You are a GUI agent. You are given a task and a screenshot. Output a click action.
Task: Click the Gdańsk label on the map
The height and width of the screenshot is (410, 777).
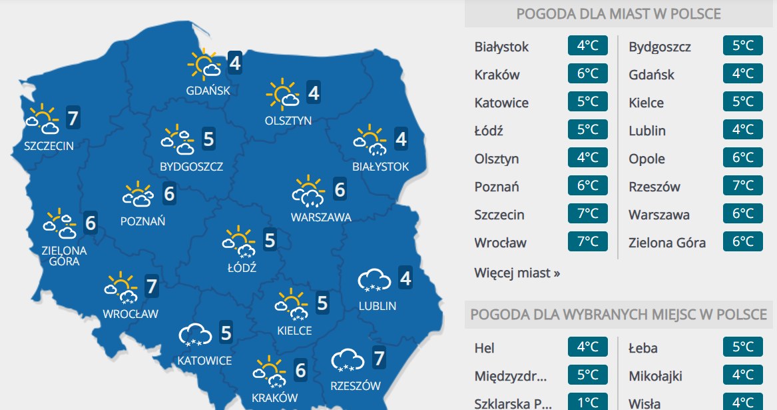208,91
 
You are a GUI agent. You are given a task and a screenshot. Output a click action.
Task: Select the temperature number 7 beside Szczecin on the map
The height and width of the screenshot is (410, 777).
74,119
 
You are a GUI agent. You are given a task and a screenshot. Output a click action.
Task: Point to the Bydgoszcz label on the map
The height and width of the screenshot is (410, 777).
192,167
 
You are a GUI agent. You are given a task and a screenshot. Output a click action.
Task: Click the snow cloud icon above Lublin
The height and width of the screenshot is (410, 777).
374,280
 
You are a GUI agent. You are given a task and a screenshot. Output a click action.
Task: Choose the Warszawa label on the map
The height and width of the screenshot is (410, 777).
321,217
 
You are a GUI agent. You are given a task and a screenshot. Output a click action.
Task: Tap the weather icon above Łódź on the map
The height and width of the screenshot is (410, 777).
239,242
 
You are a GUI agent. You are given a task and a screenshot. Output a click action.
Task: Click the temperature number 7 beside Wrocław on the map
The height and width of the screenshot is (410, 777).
152,287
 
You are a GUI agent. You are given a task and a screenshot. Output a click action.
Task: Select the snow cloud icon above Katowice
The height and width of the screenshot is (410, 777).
194,335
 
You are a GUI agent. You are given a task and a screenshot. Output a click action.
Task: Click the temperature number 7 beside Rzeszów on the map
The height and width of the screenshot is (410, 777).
379,359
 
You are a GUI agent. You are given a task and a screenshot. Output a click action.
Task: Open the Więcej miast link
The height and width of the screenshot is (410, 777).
517,273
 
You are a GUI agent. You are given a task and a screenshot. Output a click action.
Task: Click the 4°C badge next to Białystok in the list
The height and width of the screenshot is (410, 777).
588,46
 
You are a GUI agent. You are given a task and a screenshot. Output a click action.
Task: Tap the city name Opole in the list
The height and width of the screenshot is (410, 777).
647,159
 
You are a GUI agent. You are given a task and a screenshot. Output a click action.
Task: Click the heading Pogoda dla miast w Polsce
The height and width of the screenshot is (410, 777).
619,14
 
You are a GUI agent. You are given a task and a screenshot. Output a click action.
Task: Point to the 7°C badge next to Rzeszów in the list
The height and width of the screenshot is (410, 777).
742,186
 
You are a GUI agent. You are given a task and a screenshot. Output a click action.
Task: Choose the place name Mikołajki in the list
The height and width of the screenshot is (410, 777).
656,376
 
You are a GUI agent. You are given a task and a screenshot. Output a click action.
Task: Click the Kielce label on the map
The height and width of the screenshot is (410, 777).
294,331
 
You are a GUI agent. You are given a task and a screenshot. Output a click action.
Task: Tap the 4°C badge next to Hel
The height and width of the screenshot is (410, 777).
588,347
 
